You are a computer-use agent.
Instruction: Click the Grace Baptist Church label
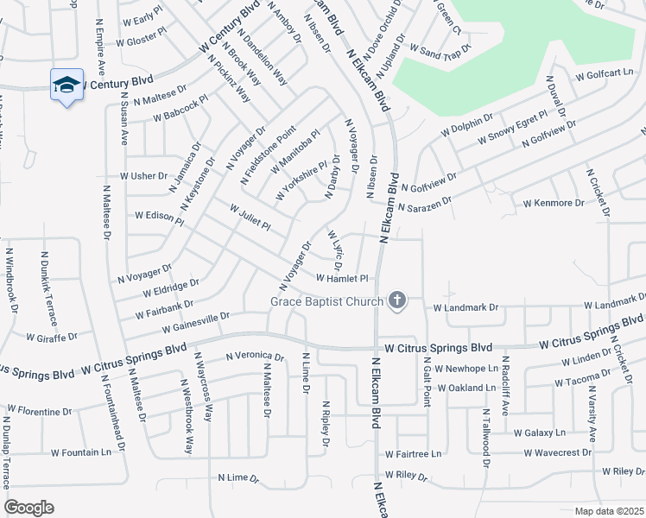tap(326, 301)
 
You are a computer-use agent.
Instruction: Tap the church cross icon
tap(396, 300)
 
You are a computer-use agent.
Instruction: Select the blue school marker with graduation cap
tap(67, 85)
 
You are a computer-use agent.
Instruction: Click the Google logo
tap(28, 508)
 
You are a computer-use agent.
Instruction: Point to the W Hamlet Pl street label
tap(342, 278)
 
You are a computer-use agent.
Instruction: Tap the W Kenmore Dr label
tap(554, 203)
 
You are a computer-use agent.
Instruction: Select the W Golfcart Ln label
tap(604, 73)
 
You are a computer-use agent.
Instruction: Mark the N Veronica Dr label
tap(254, 356)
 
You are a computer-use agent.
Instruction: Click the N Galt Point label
tap(427, 384)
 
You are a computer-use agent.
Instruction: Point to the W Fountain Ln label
tap(81, 452)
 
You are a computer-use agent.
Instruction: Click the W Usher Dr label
tap(143, 175)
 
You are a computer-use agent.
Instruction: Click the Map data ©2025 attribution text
tap(609, 510)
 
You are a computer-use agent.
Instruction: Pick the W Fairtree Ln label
tap(413, 453)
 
